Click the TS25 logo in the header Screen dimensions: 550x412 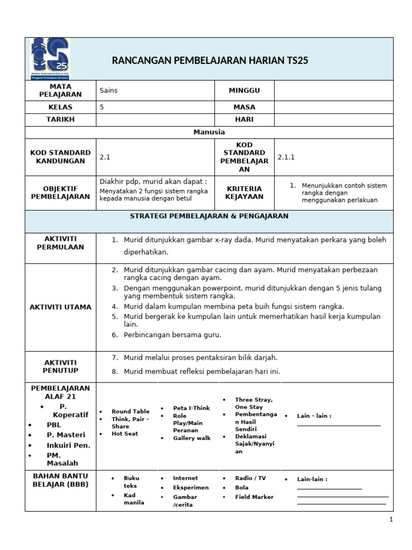tap(49, 59)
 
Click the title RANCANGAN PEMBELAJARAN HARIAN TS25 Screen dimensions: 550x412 tap(210, 60)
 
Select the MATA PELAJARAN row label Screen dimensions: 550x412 tap(61, 90)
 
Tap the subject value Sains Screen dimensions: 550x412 tap(108, 90)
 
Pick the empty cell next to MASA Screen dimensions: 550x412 tap(333, 107)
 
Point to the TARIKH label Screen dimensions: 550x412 tap(61, 119)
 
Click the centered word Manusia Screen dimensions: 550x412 tap(209, 132)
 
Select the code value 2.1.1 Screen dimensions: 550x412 tap(286, 157)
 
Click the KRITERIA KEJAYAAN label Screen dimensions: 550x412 tap(244, 192)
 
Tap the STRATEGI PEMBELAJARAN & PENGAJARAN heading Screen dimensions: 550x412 tap(209, 216)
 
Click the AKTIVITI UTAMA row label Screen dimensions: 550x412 tap(61, 307)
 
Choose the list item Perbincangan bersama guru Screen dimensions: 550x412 tap(172, 335)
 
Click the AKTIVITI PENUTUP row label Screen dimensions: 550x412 tap(61, 366)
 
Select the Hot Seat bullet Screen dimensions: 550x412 tap(124, 433)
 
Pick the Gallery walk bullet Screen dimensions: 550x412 tap(192, 438)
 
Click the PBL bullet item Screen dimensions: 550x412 tap(54, 424)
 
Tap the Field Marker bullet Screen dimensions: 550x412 tap(254, 497)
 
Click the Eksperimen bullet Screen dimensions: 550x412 tap(190, 487)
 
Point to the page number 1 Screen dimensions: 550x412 tap(391, 519)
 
